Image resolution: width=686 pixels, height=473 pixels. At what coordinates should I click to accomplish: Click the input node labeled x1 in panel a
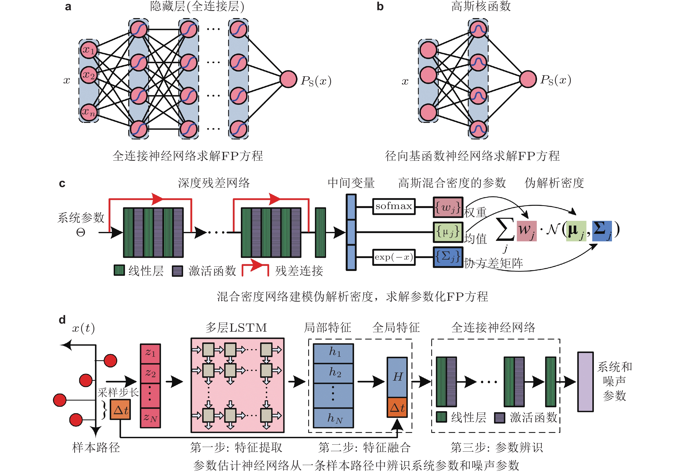pyautogui.click(x=89, y=50)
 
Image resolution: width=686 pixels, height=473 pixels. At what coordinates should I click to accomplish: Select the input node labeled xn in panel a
pyautogui.click(x=89, y=113)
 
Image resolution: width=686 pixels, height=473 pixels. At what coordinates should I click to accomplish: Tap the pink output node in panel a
pyautogui.click(x=288, y=79)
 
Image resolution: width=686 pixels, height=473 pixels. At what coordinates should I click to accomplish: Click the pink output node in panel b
pyautogui.click(x=528, y=79)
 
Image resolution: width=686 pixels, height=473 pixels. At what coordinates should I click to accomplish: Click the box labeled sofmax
pyautogui.click(x=394, y=206)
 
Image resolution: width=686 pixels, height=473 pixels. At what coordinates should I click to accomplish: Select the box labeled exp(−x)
pyautogui.click(x=394, y=257)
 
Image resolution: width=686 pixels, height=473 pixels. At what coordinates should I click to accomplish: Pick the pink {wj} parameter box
pyautogui.click(x=448, y=207)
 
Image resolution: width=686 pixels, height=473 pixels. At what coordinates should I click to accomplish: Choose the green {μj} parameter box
pyautogui.click(x=448, y=232)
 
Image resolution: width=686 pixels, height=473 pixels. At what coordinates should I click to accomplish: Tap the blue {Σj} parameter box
pyautogui.click(x=448, y=257)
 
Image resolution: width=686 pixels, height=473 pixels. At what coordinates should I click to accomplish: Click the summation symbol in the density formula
pyautogui.click(x=505, y=230)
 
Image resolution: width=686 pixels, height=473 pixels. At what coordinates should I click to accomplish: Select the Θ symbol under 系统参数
pyautogui.click(x=81, y=232)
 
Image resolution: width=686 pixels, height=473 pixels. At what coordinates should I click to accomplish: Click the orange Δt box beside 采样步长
pyautogui.click(x=120, y=410)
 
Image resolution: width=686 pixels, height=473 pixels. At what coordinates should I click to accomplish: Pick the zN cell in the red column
pyautogui.click(x=150, y=418)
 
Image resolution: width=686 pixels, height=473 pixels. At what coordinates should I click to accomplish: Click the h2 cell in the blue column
pyautogui.click(x=333, y=373)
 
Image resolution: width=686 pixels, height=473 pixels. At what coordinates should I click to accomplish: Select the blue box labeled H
pyautogui.click(x=397, y=377)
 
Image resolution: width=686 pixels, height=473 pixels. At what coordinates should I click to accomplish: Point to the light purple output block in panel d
pyautogui.click(x=585, y=382)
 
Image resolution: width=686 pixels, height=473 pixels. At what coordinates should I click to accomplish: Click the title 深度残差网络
pyautogui.click(x=214, y=183)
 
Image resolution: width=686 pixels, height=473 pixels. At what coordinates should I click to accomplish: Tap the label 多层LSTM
pyautogui.click(x=236, y=328)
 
